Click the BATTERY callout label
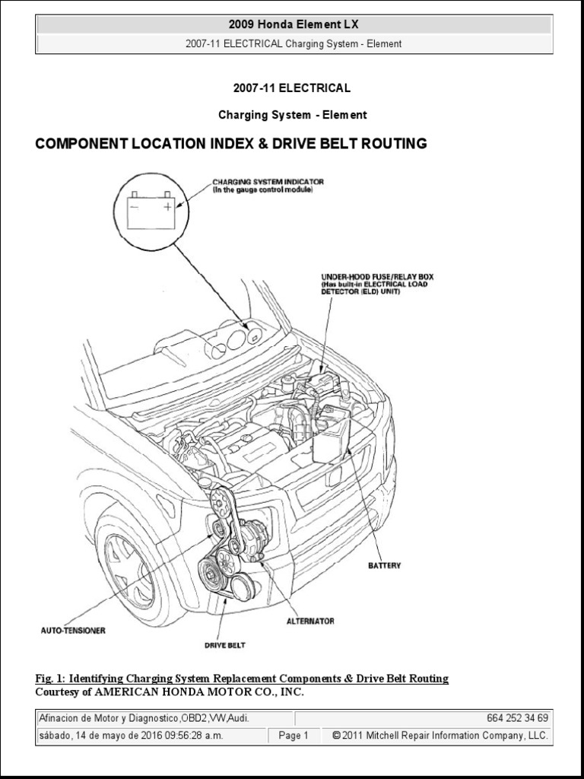tap(384, 565)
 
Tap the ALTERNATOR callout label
tap(310, 621)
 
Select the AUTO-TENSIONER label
tap(73, 630)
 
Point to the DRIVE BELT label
tap(224, 645)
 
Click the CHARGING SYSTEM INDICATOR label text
tap(268, 182)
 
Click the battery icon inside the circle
tap(151, 210)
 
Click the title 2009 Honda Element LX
tap(294, 25)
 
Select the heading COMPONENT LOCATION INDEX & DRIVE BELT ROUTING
tap(231, 144)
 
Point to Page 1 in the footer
tap(293, 736)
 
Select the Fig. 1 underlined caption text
tap(242, 678)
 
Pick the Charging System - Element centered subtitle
tap(293, 115)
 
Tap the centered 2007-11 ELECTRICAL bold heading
tap(293, 88)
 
